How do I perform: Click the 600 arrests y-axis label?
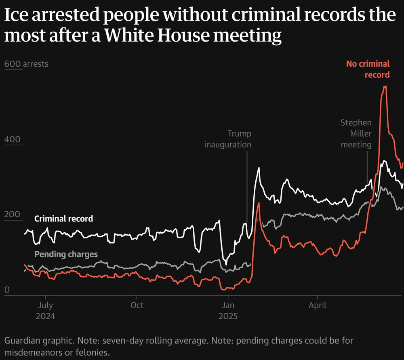click(x=26, y=64)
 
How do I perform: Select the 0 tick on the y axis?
click(x=6, y=290)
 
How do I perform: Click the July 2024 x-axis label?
click(x=46, y=310)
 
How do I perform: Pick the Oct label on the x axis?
click(x=137, y=305)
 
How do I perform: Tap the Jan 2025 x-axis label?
click(x=228, y=310)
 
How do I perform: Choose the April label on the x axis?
click(x=318, y=305)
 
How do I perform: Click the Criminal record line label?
click(x=63, y=219)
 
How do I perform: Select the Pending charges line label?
click(x=66, y=254)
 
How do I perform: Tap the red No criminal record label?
click(x=368, y=69)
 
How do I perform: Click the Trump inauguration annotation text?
click(x=228, y=139)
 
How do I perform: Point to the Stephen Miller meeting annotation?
click(x=356, y=133)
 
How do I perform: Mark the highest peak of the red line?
click(x=385, y=86)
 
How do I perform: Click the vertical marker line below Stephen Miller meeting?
click(x=367, y=166)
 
